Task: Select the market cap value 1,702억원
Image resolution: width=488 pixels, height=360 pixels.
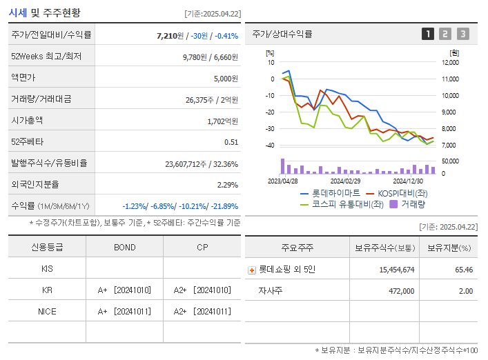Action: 222,121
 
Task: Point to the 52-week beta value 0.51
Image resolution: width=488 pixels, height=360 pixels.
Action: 231,142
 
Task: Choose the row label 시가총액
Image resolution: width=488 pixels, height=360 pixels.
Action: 28,121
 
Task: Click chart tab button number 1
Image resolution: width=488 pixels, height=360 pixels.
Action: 428,34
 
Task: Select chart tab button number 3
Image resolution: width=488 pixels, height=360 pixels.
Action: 462,34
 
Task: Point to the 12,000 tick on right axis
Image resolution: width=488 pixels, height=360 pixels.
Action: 449,63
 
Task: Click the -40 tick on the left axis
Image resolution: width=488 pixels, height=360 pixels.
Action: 270,146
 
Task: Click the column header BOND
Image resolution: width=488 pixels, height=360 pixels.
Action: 124,248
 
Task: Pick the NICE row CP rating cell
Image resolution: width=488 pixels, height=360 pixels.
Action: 202,311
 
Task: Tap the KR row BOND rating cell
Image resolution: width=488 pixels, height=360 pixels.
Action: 124,290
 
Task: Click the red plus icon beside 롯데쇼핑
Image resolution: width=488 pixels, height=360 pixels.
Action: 252,270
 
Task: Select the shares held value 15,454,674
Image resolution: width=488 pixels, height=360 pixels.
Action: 397,270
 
